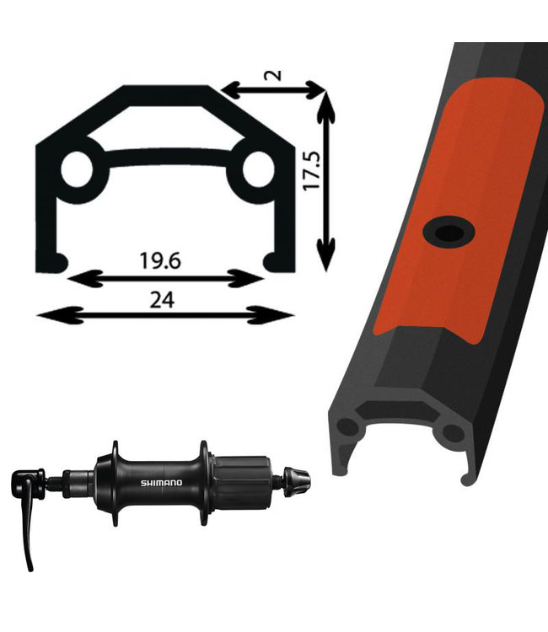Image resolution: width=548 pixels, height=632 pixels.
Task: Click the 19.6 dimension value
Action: [x=160, y=260]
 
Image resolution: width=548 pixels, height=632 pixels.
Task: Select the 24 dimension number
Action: [x=162, y=300]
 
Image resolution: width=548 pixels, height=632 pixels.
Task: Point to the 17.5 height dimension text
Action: [x=312, y=170]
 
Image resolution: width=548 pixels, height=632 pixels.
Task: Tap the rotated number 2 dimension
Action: [x=274, y=75]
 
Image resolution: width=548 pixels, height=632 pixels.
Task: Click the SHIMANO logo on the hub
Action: [x=161, y=483]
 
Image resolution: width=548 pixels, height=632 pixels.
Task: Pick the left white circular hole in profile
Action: [x=77, y=169]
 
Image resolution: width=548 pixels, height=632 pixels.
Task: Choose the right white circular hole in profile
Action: [x=259, y=169]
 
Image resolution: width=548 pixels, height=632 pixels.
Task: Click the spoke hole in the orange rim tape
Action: [x=449, y=233]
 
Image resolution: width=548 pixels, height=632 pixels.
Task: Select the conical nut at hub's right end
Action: [x=297, y=482]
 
